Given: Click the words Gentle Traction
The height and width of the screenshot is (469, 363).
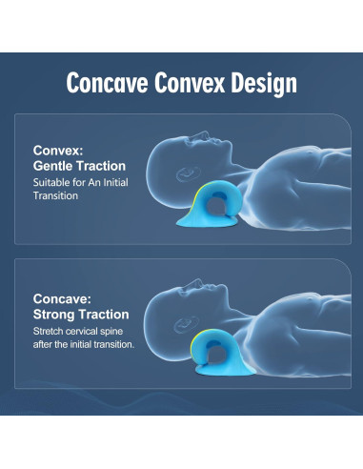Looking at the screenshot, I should point(80,166).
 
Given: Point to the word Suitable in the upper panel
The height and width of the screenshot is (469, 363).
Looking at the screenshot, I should point(53,181).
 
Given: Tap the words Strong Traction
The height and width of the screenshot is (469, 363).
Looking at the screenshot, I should point(81,314).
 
